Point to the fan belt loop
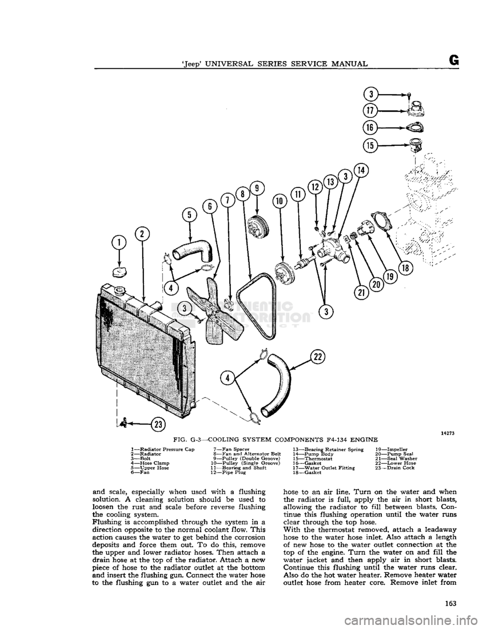(x=253, y=304)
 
